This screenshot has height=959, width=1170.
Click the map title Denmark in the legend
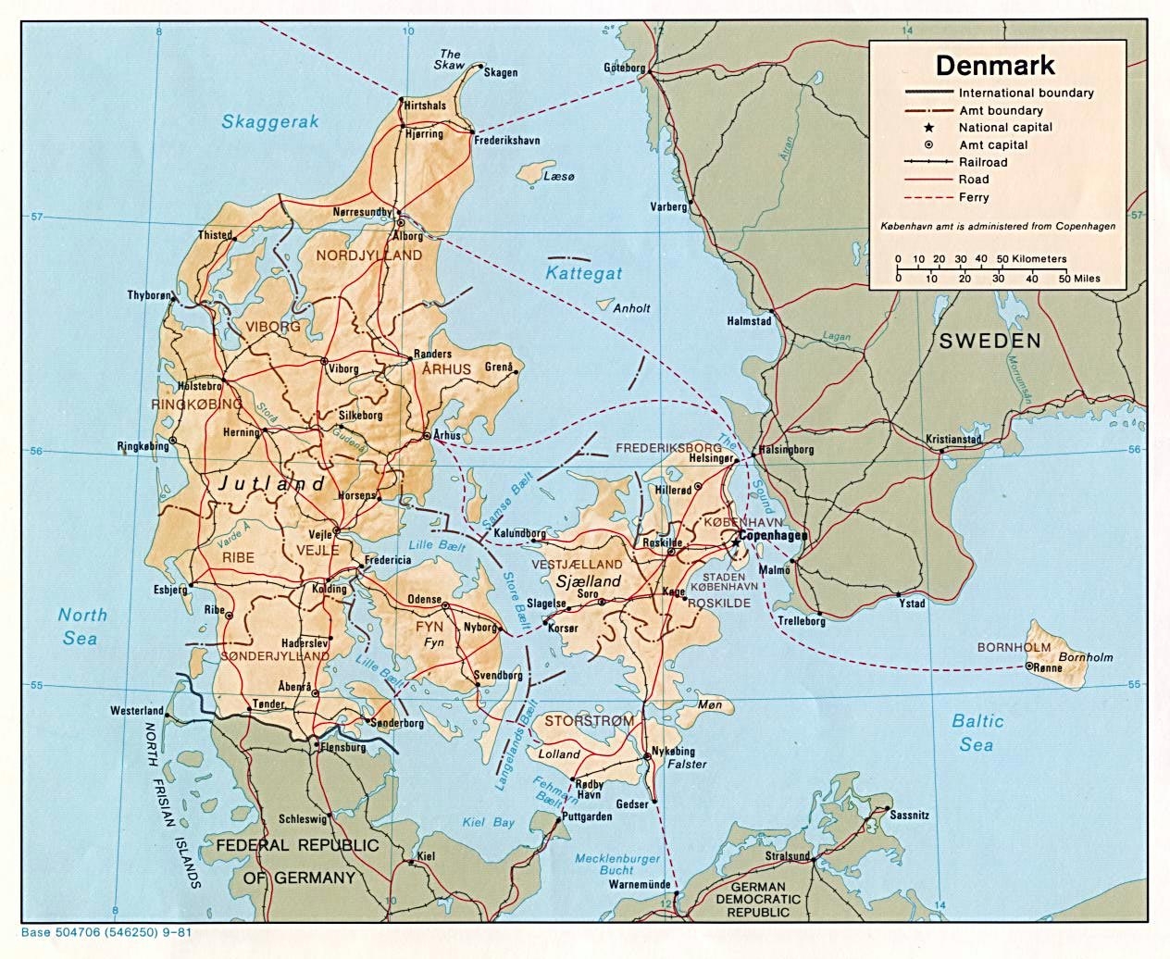tap(995, 66)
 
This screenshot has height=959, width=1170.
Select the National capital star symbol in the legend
tap(927, 127)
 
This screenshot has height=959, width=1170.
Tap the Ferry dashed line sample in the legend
tap(927, 197)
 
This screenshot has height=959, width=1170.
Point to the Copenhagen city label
tap(774, 536)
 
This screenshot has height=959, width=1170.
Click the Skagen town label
tap(501, 72)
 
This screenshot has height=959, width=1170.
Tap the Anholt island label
tap(632, 308)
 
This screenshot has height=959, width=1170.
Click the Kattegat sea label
tap(583, 273)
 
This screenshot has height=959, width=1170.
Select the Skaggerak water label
tap(269, 121)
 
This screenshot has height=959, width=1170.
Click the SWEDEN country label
tap(990, 341)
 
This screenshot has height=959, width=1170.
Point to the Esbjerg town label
tap(169, 589)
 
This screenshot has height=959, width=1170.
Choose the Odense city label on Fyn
tap(425, 600)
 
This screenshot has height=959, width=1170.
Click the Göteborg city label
tap(624, 68)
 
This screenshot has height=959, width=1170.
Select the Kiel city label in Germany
tap(426, 856)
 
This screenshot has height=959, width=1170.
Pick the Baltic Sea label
tap(977, 732)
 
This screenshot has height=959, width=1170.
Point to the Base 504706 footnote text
tap(106, 932)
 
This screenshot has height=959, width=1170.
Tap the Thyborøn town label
tap(149, 295)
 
